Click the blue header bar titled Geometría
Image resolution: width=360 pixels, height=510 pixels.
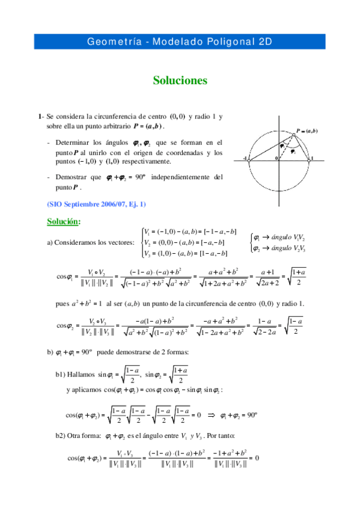[180, 41]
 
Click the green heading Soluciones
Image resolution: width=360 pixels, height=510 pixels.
[180, 80]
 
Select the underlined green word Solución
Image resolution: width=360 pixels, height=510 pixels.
[64, 221]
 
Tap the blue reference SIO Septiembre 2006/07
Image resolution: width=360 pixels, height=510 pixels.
[96, 204]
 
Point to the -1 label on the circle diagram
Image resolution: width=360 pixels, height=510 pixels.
[246, 158]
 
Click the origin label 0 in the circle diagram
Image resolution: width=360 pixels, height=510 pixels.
[276, 158]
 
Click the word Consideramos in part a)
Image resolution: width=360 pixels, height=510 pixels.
[79, 242]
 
